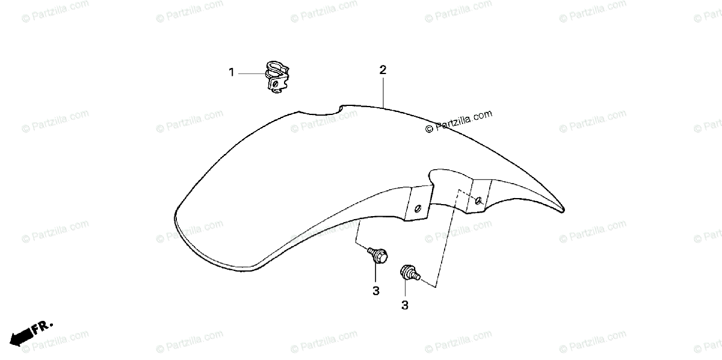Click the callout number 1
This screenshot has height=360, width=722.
click(x=231, y=73)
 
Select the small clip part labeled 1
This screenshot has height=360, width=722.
click(x=276, y=78)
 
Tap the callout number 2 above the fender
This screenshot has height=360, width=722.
click(x=383, y=70)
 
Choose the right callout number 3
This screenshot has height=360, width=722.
click(x=404, y=306)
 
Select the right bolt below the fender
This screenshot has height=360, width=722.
click(x=409, y=273)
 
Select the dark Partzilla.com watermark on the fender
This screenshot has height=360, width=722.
click(x=458, y=121)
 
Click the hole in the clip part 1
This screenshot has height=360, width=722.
click(x=275, y=85)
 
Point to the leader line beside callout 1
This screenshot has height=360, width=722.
click(x=251, y=73)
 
